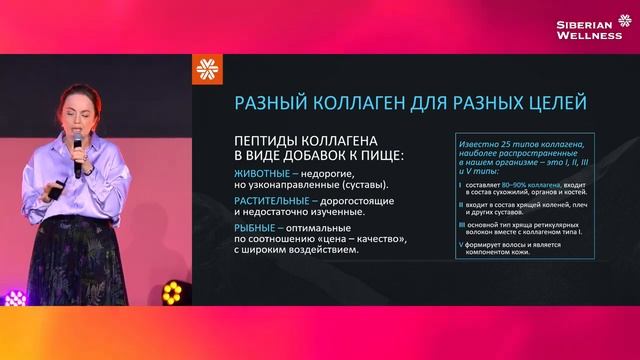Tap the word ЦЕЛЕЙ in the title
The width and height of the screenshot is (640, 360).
[549, 103]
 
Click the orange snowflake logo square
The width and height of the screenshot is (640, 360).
[207, 71]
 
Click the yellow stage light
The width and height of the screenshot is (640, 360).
[172, 292]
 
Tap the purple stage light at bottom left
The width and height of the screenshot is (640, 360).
[14, 297]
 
